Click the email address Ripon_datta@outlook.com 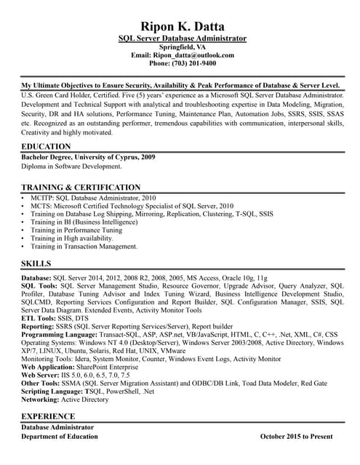[194, 54]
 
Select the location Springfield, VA [182, 46]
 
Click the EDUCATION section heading [47, 147]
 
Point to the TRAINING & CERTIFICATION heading [81, 187]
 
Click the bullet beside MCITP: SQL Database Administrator [25, 198]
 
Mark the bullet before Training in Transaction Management [25, 247]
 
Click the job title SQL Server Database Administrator [182, 38]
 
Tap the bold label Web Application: [49, 367]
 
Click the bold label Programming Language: [58, 335]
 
